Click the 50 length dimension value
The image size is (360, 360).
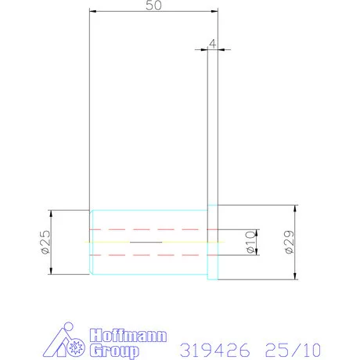153,5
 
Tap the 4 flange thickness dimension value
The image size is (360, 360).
213,44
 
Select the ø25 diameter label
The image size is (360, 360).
45,242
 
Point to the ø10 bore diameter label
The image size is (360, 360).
250,242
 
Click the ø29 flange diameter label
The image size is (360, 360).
290,242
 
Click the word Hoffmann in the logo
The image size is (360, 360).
128,336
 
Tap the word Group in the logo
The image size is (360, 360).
114,351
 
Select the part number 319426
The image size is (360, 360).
214,350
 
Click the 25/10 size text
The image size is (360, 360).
293,350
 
